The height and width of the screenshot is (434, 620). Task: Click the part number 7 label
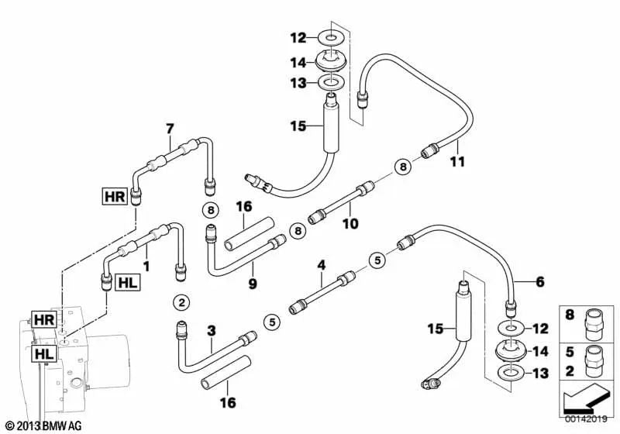click(x=170, y=127)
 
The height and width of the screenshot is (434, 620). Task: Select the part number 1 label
click(x=146, y=266)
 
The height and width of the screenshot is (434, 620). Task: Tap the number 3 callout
click(x=211, y=331)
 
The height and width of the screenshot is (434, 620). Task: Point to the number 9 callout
click(x=252, y=284)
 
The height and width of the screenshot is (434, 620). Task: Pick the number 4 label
click(x=321, y=265)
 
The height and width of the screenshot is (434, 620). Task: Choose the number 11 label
click(x=457, y=161)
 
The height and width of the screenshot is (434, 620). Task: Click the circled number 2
click(x=181, y=301)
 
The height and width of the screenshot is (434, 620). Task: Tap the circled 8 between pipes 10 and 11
click(x=401, y=166)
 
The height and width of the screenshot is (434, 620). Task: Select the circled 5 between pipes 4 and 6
click(x=377, y=260)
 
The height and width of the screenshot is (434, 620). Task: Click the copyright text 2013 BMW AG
click(x=42, y=425)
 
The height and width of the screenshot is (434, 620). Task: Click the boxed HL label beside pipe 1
click(x=127, y=284)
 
